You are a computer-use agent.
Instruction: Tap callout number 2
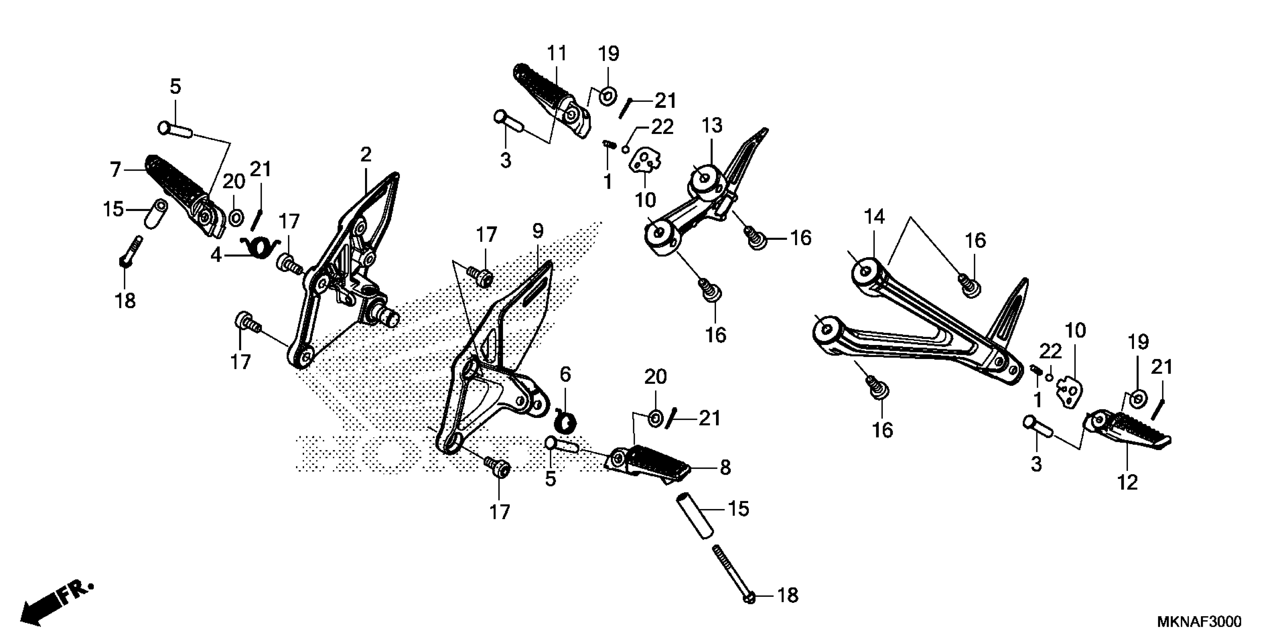point(366,155)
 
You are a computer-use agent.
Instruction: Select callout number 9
point(538,231)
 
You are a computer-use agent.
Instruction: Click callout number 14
point(874,217)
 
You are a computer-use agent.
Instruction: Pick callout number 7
point(115,170)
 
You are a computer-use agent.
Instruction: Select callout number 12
point(1127,482)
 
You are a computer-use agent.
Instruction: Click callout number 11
point(557,53)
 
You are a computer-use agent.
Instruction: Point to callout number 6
point(565,374)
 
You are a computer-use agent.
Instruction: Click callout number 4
point(215,255)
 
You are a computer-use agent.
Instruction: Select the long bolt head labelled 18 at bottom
point(749,597)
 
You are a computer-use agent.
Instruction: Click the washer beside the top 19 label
point(607,95)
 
